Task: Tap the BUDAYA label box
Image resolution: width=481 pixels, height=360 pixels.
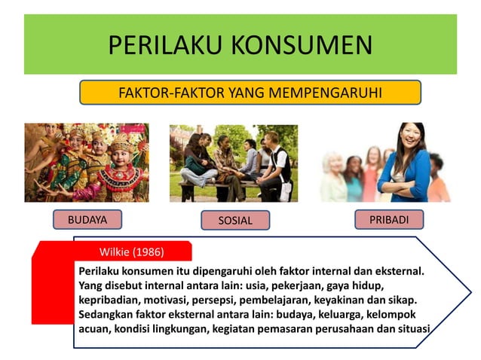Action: click(x=87, y=219)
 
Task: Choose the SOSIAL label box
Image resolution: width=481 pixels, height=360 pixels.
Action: click(x=235, y=220)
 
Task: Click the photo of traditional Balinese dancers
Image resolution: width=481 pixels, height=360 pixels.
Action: click(x=87, y=162)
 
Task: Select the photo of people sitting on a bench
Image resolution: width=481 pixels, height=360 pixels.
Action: click(x=233, y=163)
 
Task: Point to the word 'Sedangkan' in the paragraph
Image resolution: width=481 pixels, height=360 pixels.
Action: click(x=108, y=315)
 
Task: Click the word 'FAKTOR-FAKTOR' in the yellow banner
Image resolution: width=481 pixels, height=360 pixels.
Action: click(x=162, y=93)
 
